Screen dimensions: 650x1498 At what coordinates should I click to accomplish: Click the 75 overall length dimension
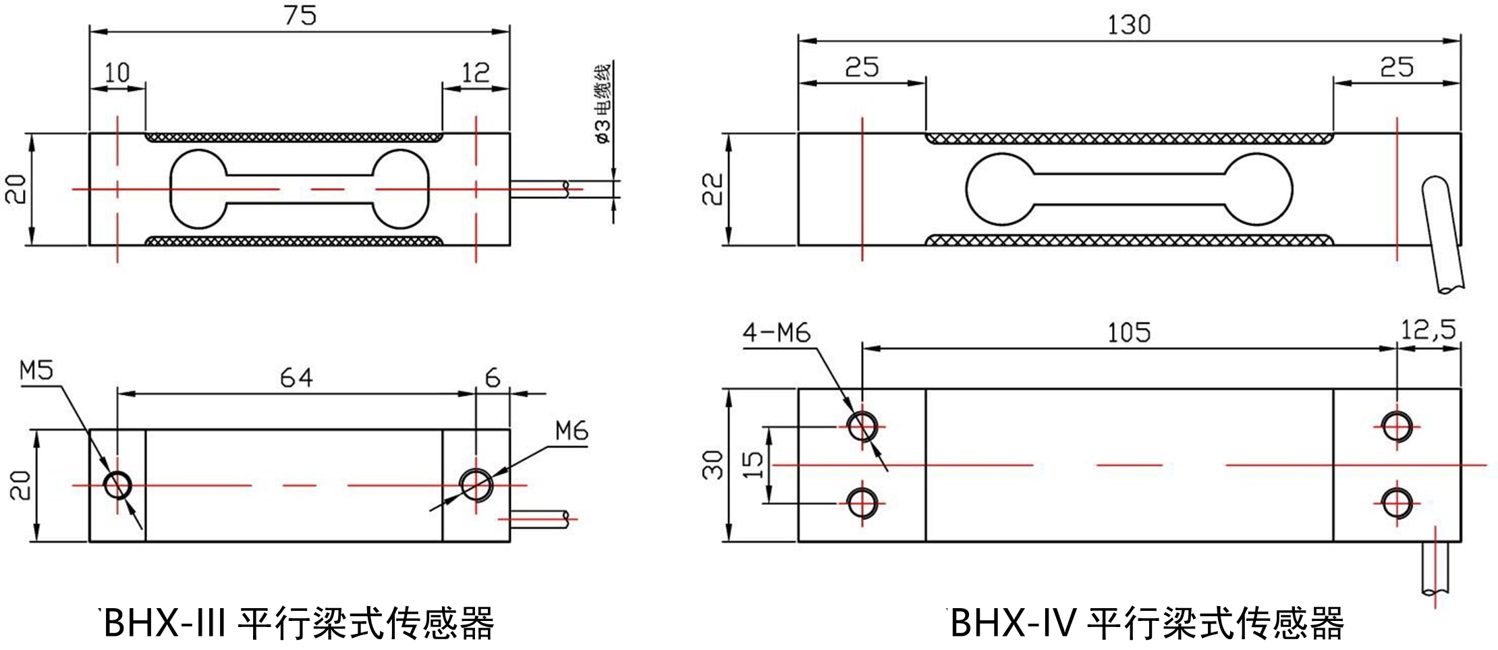pyautogui.click(x=300, y=16)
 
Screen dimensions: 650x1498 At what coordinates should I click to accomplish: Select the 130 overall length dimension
pyautogui.click(x=1128, y=26)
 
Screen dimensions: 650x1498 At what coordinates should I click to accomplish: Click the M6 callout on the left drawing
pyautogui.click(x=572, y=431)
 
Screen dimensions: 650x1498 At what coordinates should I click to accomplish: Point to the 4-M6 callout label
pyautogui.click(x=776, y=333)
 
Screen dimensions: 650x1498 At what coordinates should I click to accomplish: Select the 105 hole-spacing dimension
pyautogui.click(x=1128, y=333)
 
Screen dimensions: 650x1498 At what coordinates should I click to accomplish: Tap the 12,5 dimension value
pyautogui.click(x=1428, y=331)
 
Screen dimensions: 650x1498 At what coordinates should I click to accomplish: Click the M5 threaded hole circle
pyautogui.click(x=118, y=485)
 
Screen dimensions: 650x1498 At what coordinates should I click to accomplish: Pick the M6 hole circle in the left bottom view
pyautogui.click(x=476, y=484)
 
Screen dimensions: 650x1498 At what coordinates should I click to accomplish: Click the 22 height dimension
pyautogui.click(x=713, y=189)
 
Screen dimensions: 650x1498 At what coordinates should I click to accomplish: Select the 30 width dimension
pyautogui.click(x=713, y=464)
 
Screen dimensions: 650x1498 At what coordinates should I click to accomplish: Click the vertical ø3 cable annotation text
pyautogui.click(x=601, y=103)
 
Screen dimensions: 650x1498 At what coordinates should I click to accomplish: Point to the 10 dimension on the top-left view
pyautogui.click(x=117, y=72)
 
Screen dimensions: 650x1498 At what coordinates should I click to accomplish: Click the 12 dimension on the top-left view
pyautogui.click(x=475, y=72)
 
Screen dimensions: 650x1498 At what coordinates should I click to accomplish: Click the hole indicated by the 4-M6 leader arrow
pyautogui.click(x=862, y=427)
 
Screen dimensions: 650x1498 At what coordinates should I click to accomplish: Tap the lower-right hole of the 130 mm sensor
pyautogui.click(x=1396, y=504)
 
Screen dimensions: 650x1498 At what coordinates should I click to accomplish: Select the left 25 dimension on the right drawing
pyautogui.click(x=862, y=67)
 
